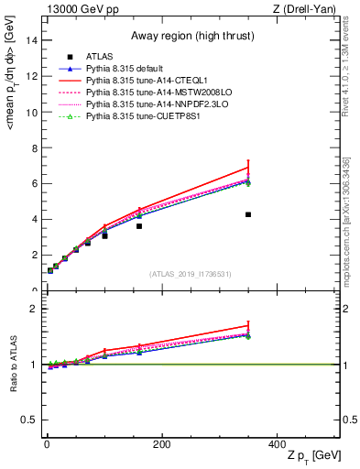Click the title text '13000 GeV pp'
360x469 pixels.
click(76, 8)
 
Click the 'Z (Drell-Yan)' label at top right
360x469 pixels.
click(310, 8)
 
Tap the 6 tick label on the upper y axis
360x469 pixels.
click(34, 183)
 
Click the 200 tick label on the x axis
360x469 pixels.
click(161, 444)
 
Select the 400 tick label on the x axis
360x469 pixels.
click(276, 444)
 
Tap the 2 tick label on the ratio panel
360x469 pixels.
click(34, 309)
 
